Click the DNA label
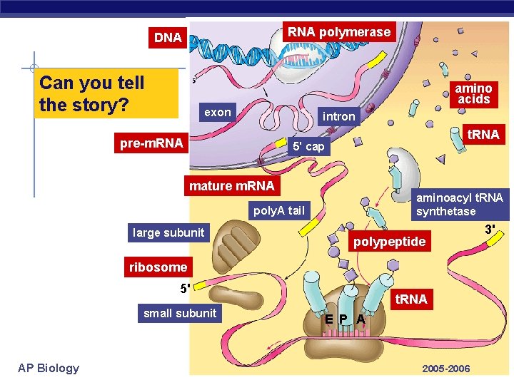(x=168, y=38)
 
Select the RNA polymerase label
(x=338, y=31)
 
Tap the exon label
(x=218, y=112)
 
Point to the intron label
(x=338, y=116)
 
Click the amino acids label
(x=474, y=94)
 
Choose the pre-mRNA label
(x=151, y=143)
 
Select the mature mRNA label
(x=231, y=186)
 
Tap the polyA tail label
(x=278, y=210)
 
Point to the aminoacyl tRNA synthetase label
(x=460, y=204)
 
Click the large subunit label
(x=168, y=232)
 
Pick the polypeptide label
(x=390, y=242)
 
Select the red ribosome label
(x=158, y=267)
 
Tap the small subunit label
(x=180, y=312)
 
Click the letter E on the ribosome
(x=328, y=319)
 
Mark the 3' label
(x=490, y=230)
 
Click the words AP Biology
(x=49, y=368)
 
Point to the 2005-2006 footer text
(x=446, y=369)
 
